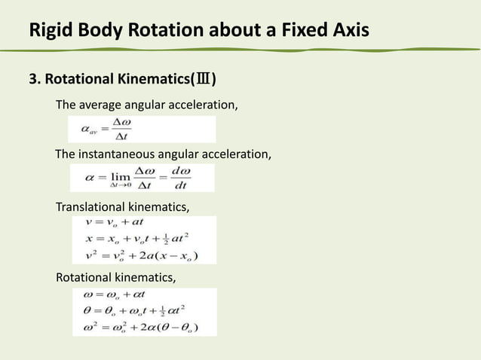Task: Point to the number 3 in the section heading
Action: pos(32,80)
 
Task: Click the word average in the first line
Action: pos(106,105)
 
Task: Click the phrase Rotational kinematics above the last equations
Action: pos(116,278)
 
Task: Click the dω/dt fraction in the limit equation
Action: pos(179,178)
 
